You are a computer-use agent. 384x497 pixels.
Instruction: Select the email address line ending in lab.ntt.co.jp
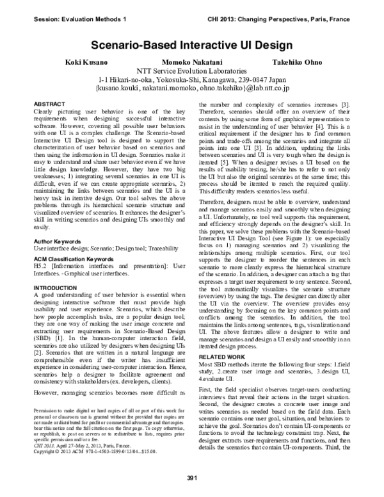click(192, 90)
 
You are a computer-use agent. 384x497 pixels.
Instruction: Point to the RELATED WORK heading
click(223, 354)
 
